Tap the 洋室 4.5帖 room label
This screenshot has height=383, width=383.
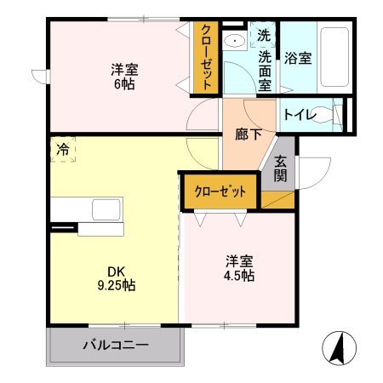coord(239,268)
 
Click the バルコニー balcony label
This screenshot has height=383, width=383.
coord(116,346)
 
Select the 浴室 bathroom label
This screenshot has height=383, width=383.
coord(299,59)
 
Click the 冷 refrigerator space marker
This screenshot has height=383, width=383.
coord(62,149)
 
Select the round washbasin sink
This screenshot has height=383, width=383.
coord(234,41)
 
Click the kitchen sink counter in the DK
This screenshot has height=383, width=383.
coord(88,209)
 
